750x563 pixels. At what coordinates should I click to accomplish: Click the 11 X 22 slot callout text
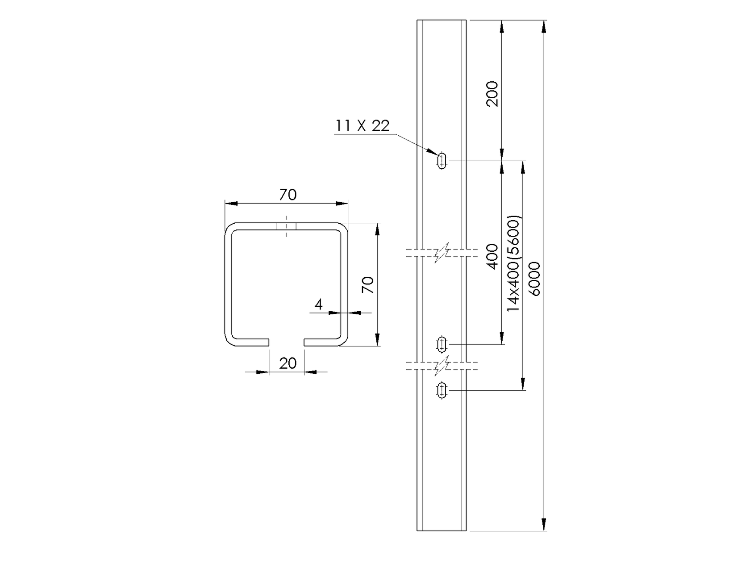coord(362,125)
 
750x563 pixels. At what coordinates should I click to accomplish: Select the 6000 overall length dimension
coord(534,279)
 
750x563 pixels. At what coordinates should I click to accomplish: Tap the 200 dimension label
coord(492,94)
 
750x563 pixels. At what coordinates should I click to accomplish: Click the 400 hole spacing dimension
coord(492,256)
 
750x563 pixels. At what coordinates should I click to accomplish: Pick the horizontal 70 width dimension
coord(287,195)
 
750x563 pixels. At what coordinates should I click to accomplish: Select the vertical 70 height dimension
coord(367,284)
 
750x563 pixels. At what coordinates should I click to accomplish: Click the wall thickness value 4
coord(318,304)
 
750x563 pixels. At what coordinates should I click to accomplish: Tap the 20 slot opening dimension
coord(287,363)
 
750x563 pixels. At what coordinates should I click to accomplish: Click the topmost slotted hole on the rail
coord(442,160)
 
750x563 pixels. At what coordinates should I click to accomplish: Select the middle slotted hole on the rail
coord(442,344)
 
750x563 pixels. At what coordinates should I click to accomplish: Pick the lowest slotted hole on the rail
coord(442,390)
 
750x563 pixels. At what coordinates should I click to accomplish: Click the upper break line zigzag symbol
coord(441,253)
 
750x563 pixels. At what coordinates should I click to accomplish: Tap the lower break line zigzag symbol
coord(441,366)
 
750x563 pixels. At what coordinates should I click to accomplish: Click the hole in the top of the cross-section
coord(287,226)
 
